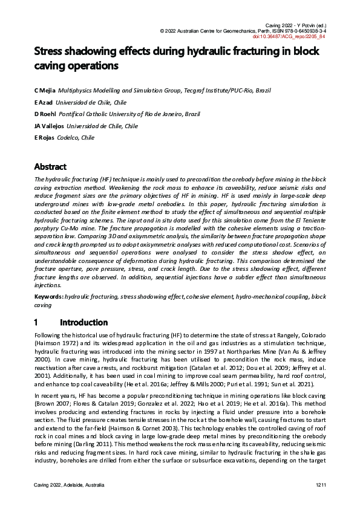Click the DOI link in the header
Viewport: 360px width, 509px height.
[294, 37]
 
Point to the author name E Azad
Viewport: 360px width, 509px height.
[44, 102]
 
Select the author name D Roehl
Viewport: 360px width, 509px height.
[45, 114]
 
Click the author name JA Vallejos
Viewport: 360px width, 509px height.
[48, 126]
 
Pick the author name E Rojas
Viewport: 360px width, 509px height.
[44, 138]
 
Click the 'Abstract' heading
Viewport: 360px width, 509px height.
[50, 166]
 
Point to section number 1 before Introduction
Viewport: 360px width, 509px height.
[36, 322]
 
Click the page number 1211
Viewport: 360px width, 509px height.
[321, 485]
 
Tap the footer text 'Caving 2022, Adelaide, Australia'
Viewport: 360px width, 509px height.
[69, 485]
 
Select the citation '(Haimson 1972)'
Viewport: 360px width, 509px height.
[53, 342]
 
